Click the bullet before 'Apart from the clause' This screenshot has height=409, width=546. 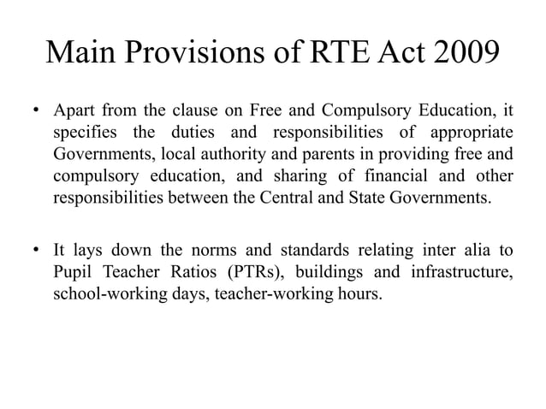37,112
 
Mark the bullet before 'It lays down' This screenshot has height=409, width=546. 37,252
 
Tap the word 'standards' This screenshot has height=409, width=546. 293,252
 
